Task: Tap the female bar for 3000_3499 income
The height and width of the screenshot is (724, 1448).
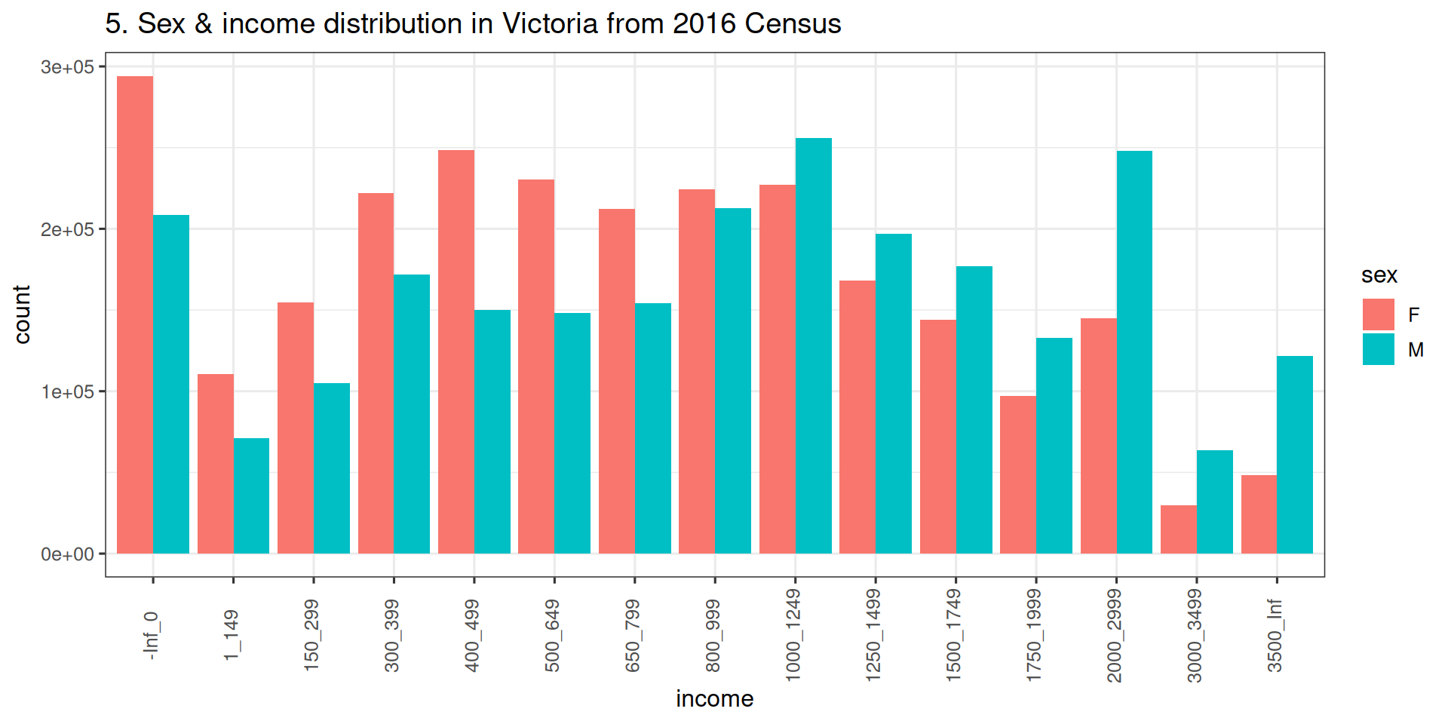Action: click(1178, 529)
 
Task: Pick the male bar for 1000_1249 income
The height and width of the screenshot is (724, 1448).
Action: click(814, 346)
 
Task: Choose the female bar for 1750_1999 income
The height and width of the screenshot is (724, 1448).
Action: click(1018, 475)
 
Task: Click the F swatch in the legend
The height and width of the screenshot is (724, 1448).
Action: click(1378, 314)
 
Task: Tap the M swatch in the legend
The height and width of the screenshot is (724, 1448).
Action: click(1378, 349)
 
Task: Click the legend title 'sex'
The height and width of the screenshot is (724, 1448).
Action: click(1379, 275)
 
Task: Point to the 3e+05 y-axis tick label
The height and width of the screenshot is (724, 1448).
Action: click(68, 67)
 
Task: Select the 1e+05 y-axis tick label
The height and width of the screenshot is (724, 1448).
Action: click(68, 392)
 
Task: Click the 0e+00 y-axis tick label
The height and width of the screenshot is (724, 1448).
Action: click(68, 554)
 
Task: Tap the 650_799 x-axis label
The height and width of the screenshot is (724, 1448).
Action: click(633, 636)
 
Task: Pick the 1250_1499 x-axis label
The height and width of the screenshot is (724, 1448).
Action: click(873, 636)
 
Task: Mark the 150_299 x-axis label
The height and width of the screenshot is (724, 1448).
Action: click(311, 636)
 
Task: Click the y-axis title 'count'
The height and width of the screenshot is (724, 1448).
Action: click(22, 314)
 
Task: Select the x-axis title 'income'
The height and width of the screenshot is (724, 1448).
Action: click(714, 699)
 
